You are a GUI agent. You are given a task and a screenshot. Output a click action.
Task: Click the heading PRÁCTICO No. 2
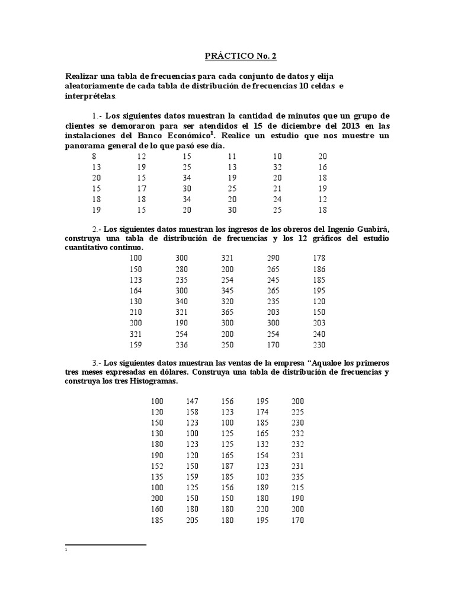240,57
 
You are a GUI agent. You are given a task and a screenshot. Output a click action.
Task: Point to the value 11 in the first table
232,156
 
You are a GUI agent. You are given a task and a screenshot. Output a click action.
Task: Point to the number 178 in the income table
319,258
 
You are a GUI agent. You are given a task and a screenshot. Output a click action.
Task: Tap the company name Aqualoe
310,362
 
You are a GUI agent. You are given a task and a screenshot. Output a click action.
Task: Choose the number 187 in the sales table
227,466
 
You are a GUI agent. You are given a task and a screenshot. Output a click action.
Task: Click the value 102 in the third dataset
262,477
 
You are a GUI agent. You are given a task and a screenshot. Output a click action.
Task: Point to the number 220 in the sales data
262,509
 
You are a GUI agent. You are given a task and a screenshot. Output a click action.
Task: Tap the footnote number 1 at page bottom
66,550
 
